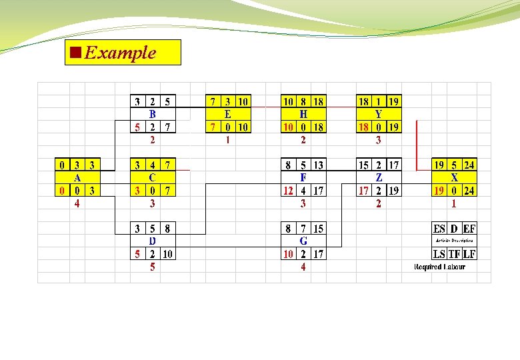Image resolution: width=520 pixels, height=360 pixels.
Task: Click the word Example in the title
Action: pos(120,53)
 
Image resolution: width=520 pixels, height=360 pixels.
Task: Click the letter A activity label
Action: pos(77,178)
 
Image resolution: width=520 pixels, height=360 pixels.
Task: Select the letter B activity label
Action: pos(153,114)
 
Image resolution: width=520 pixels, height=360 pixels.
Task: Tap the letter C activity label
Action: pos(153,178)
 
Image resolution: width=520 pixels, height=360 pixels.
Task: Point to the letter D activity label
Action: pos(153,241)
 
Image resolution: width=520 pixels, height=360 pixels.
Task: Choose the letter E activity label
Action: pos(228,114)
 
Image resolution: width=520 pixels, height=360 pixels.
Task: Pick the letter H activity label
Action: pos(303,114)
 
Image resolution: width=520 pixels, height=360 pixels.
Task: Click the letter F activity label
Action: pos(303,178)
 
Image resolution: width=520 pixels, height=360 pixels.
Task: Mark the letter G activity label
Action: pos(303,241)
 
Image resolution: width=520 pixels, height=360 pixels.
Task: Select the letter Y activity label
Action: pos(379,114)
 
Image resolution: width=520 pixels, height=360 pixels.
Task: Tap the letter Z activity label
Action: pos(379,178)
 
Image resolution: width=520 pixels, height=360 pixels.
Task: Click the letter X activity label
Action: pos(454,178)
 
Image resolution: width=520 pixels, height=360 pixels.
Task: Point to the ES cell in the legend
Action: pos(439,229)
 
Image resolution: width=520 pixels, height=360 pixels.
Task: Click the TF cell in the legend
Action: pos(454,253)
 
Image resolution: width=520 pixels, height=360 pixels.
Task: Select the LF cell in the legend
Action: pos(469,253)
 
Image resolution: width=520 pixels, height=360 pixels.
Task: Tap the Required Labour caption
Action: pos(440,267)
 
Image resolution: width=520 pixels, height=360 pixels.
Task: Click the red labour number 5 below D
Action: pos(153,267)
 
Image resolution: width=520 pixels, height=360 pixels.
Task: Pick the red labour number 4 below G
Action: pos(303,267)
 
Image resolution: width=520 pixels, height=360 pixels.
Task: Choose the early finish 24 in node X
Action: pos(469,165)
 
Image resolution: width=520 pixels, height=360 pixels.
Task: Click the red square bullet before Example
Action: pos(75,52)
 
